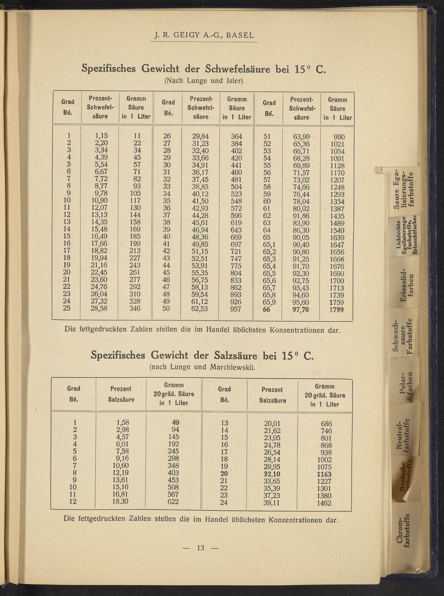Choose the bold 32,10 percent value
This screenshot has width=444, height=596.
[x=272, y=474]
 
